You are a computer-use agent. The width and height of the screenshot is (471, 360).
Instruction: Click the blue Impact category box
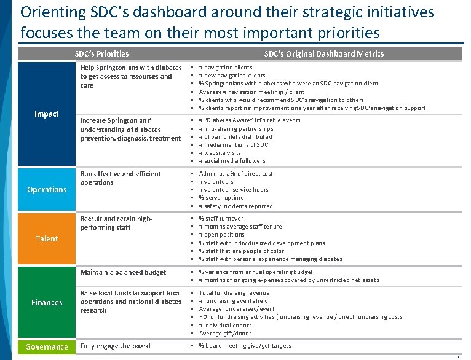47,114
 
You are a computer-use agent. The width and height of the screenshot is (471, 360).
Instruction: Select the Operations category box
47,190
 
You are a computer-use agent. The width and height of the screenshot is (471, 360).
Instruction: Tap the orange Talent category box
47,238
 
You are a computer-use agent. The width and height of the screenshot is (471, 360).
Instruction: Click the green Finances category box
47,302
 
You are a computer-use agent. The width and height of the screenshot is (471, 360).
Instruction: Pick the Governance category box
47,347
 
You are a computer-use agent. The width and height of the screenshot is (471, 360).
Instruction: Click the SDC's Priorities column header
101,53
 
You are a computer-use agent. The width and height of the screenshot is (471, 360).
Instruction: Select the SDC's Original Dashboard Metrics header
323,53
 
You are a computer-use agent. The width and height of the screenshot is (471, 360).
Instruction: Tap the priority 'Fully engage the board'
115,346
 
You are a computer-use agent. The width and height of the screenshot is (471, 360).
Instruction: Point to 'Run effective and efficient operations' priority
121,178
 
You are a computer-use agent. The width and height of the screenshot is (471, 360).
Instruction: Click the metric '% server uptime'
221,198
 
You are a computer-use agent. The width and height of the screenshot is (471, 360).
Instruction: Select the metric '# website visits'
220,153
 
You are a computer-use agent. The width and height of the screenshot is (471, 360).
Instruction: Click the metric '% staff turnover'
221,218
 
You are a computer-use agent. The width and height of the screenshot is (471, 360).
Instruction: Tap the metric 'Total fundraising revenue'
234,293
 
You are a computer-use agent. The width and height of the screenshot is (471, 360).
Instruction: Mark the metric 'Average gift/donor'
225,334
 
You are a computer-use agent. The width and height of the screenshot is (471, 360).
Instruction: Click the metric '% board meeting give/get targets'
245,346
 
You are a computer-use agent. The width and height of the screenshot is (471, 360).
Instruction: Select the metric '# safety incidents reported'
236,206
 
